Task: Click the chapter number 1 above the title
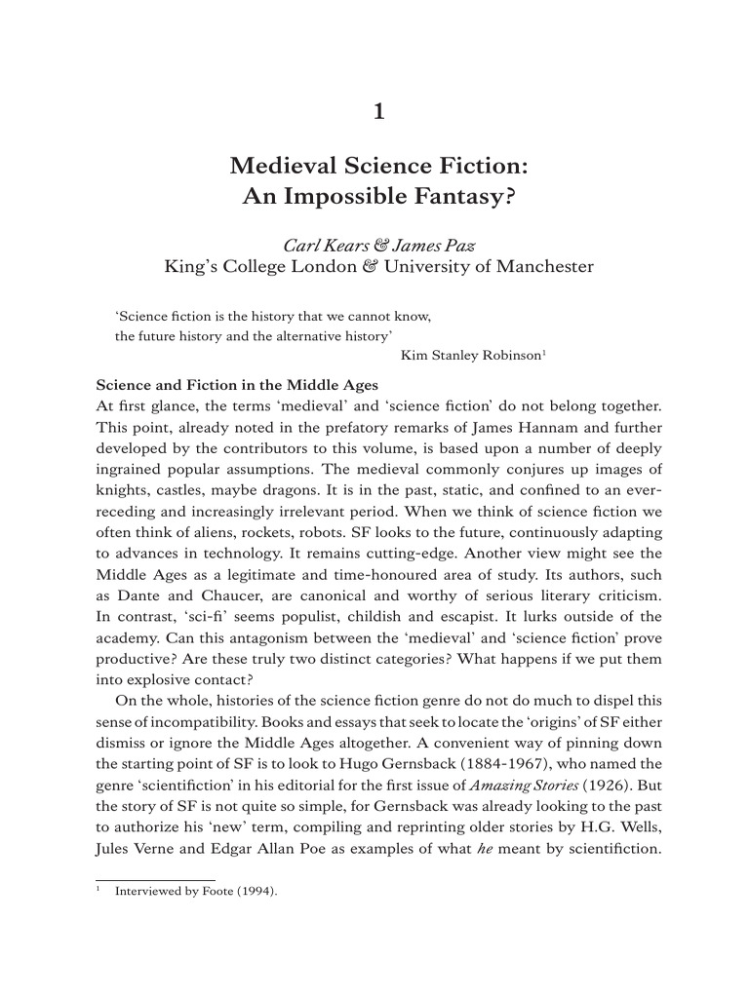(x=379, y=112)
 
